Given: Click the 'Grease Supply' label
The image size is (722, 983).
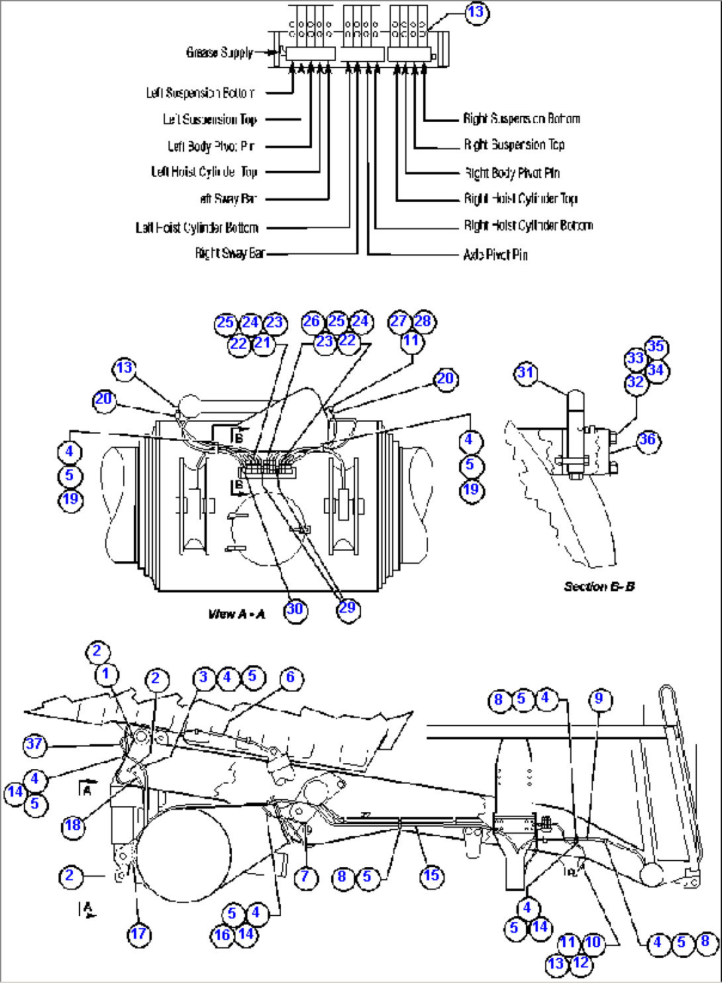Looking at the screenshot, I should (219, 52).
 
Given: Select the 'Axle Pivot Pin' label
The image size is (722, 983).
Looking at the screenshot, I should (495, 255).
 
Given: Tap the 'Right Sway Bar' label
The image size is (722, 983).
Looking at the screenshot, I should (230, 253).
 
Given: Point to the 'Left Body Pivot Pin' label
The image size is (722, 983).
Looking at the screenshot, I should (211, 146).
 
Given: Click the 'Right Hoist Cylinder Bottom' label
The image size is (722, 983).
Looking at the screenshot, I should (528, 226).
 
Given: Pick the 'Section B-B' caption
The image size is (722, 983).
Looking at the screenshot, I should (599, 586).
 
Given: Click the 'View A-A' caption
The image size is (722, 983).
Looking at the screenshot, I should (236, 614).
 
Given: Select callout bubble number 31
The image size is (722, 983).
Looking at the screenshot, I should (526, 373).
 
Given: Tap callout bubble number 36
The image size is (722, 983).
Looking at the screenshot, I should (648, 440).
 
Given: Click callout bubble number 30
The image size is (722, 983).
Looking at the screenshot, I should (295, 609).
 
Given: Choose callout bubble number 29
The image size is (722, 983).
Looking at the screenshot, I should (348, 608).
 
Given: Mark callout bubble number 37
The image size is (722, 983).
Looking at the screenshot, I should (34, 745).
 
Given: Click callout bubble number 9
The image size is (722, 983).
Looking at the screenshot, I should (599, 699).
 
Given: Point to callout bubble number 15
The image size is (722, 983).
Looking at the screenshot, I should (431, 876).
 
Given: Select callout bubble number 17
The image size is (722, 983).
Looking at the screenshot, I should (138, 934).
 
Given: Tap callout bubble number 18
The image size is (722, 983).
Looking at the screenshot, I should (73, 825).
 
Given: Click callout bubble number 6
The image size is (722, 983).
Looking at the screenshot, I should (291, 678).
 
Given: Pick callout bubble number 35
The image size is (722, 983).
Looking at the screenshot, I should (656, 346).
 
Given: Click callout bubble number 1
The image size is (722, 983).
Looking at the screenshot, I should (106, 675).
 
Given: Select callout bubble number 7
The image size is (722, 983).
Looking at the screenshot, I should (305, 877).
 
